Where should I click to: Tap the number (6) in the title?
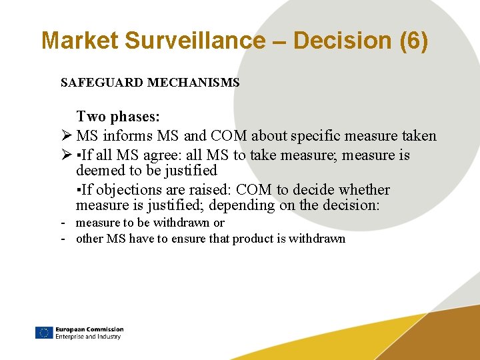413,41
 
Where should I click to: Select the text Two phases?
118,117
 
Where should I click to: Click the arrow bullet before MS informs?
65,136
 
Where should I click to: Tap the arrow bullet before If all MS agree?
65,155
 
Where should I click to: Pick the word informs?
127,136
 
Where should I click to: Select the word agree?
169,155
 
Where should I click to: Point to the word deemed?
99,171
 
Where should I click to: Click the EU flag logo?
44,333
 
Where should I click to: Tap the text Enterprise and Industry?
88,337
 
